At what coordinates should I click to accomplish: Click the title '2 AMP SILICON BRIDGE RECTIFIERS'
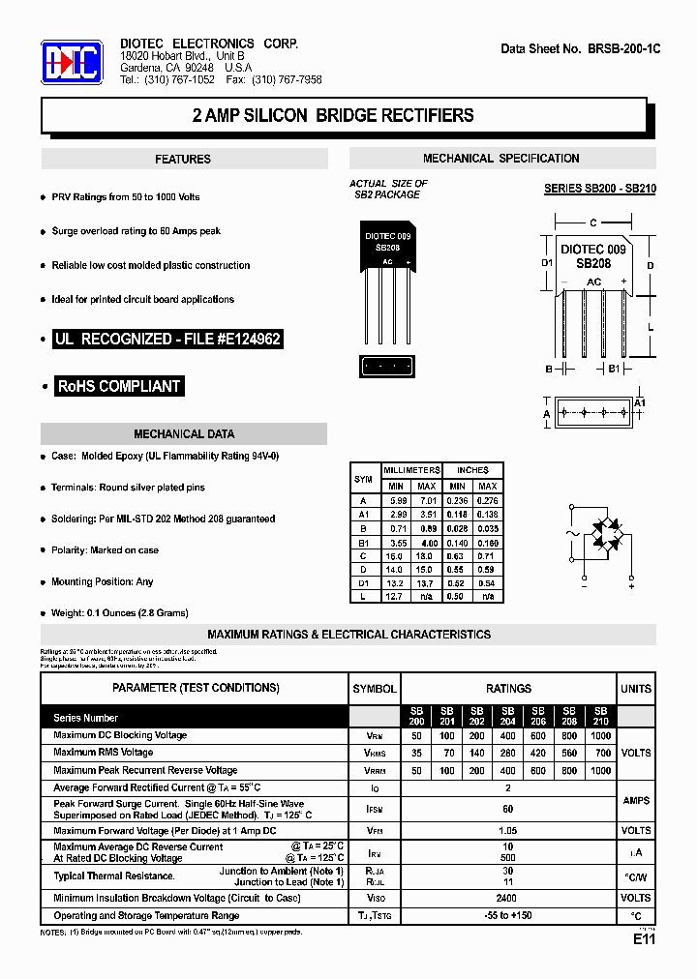coord(333,116)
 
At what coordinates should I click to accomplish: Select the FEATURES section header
coord(183,160)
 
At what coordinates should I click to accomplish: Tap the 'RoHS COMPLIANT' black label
coord(119,386)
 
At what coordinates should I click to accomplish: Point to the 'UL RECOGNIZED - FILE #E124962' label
coord(167,340)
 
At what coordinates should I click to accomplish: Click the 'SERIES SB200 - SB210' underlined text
coord(599,189)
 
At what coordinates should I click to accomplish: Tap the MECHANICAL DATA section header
coord(184,434)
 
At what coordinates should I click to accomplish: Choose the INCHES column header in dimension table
coord(472,469)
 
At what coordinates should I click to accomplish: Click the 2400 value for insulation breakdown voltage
coord(507,898)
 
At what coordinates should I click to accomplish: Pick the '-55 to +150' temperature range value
coord(507,915)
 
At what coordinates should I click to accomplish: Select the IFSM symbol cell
coord(373,809)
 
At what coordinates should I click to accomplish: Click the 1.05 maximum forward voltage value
coord(507,830)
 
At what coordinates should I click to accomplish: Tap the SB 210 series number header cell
coord(600,717)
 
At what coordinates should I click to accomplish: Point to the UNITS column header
coord(635,689)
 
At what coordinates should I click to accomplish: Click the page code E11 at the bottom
coord(645,939)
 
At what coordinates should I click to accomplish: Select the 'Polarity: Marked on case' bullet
coord(106,550)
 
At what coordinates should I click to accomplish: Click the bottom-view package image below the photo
coord(387,367)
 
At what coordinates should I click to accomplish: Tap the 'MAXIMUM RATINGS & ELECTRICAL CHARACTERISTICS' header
coord(348,635)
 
